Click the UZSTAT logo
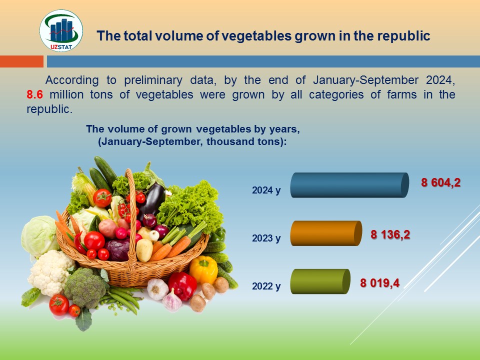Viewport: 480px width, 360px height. click(x=61, y=30)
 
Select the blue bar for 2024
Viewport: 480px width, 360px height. click(x=349, y=185)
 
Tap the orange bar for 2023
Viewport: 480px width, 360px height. click(x=326, y=233)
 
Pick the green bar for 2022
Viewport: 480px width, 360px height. click(x=320, y=281)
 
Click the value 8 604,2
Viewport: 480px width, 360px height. click(x=441, y=183)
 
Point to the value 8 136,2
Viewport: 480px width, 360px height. click(x=390, y=235)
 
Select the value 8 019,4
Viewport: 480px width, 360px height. click(x=379, y=283)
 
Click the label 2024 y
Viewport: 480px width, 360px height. click(x=266, y=190)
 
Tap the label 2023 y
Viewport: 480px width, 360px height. click(x=266, y=238)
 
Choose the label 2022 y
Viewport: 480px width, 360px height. click(x=266, y=286)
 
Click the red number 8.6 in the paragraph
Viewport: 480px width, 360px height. click(x=34, y=94)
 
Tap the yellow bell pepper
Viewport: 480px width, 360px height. click(x=203, y=269)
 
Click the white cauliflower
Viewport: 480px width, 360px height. click(x=50, y=272)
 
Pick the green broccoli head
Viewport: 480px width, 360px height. click(x=85, y=288)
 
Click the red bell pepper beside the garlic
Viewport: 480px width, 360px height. click(x=182, y=285)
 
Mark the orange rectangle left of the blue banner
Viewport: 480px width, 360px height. click(x=21, y=61)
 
